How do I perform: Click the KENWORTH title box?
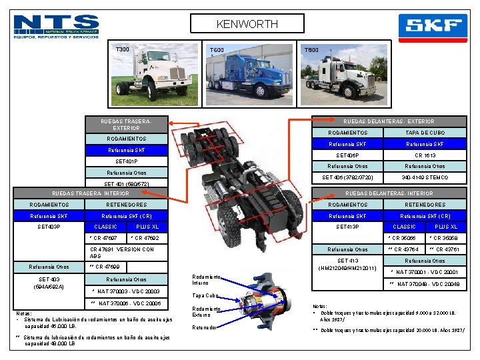(x=247, y=24)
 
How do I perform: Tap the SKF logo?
(x=433, y=28)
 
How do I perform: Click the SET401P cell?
(x=126, y=161)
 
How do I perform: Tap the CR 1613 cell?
(x=425, y=155)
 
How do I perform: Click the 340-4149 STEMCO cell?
(x=425, y=177)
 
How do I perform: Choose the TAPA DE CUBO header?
(x=425, y=133)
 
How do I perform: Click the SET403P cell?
(x=49, y=227)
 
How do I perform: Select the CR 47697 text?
(x=105, y=238)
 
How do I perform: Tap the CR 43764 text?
(x=404, y=249)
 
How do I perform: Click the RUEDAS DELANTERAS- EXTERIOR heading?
(x=389, y=121)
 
